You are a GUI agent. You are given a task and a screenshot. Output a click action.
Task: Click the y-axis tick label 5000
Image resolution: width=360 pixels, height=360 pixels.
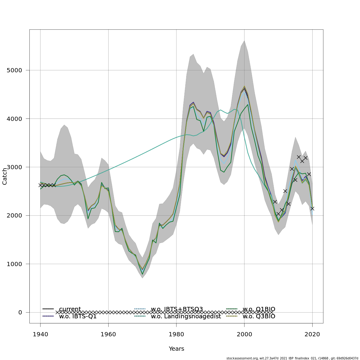tap(14, 70)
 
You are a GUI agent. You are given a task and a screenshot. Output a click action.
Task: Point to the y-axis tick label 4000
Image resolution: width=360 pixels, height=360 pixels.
tap(14, 119)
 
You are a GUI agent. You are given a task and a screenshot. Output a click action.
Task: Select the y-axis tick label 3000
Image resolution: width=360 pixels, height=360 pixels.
tap(14, 167)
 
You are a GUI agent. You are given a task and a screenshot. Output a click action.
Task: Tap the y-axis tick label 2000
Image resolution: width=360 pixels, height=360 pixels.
tap(14, 216)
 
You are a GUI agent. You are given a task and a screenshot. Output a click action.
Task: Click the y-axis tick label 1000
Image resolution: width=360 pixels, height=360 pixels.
tap(14, 264)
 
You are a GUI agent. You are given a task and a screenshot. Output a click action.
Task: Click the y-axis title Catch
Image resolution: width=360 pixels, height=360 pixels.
tap(5, 176)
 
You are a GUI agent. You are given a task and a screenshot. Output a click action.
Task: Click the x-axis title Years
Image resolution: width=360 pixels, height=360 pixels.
tap(176, 349)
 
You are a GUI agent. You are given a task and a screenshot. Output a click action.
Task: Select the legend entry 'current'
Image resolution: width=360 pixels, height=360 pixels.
tap(70, 309)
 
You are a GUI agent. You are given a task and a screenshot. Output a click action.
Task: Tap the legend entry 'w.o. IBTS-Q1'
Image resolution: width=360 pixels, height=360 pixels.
tap(78, 316)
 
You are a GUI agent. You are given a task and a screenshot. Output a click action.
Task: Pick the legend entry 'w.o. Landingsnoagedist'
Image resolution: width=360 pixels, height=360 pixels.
tap(186, 316)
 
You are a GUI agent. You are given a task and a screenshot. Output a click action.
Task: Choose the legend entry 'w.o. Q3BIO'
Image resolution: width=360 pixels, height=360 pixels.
tap(259, 316)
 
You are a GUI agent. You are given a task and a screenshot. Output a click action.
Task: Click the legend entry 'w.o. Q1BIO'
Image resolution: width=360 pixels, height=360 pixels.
tap(259, 309)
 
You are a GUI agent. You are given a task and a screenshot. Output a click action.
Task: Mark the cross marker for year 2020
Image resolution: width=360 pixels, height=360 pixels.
tap(312, 208)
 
